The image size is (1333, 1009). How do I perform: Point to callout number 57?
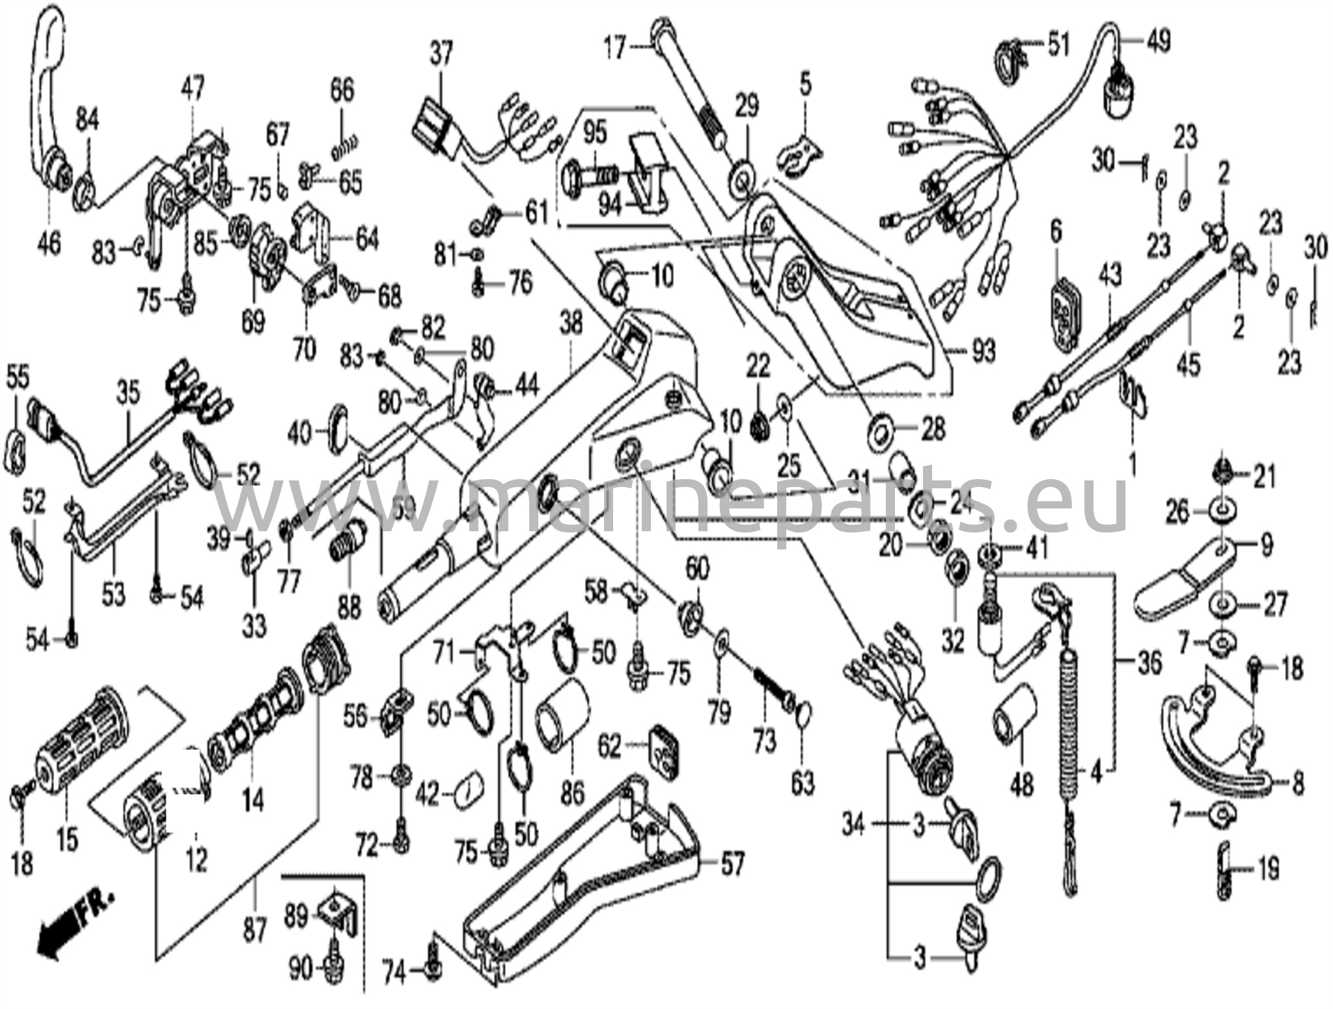tap(732, 865)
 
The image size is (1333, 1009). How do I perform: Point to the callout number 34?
tap(853, 825)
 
